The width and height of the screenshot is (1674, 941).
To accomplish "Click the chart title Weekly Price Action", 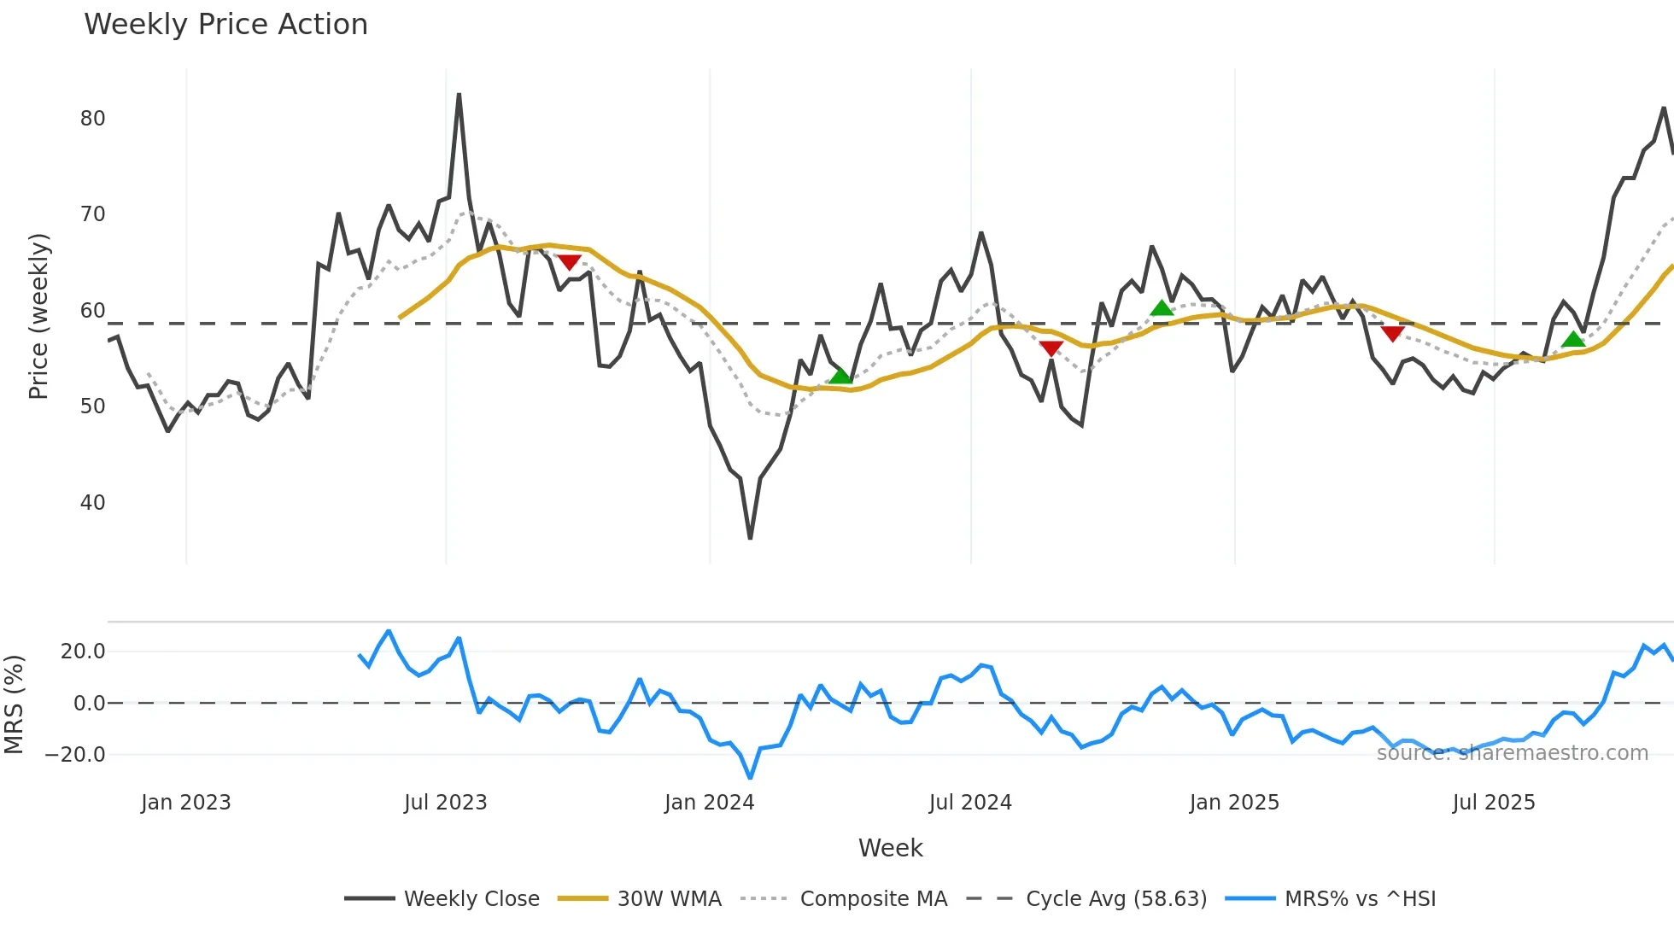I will tap(225, 25).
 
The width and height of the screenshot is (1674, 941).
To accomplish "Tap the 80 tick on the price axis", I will tap(93, 119).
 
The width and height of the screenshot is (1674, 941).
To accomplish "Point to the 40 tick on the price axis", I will tap(93, 503).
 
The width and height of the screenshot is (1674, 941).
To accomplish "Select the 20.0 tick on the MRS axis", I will tap(83, 652).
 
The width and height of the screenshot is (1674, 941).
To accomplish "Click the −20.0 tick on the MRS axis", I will tap(75, 755).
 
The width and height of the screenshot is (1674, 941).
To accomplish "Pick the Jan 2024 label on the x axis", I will tap(709, 803).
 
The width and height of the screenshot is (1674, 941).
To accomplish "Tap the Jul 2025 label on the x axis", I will tap(1493, 803).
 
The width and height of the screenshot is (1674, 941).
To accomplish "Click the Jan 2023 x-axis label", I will tap(185, 803).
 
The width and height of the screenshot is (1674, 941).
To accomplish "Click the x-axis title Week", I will tap(890, 848).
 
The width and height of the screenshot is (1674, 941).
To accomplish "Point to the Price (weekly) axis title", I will tap(38, 316).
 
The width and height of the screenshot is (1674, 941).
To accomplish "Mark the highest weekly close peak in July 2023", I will tap(459, 95).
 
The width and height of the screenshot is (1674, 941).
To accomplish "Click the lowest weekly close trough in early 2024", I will tap(750, 538).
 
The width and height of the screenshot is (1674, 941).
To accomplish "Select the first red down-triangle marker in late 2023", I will tap(570, 262).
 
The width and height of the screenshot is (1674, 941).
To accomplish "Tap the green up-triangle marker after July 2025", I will tap(1573, 339).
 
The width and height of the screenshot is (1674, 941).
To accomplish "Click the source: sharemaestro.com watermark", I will tap(1512, 753).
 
